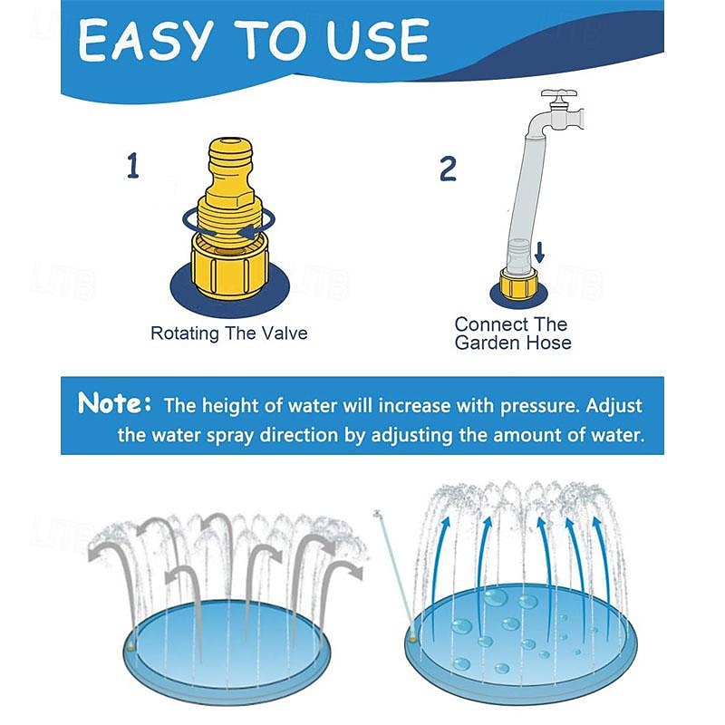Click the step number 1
click(x=132, y=166)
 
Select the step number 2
click(x=448, y=169)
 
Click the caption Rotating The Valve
click(x=229, y=333)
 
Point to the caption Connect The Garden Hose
click(x=512, y=333)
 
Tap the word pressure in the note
click(x=539, y=406)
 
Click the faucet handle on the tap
click(x=559, y=94)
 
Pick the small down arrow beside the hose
click(x=539, y=252)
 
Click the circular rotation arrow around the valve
click(x=229, y=225)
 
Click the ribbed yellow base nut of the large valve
click(x=230, y=268)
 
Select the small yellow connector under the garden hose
click(x=518, y=283)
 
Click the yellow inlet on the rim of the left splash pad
click(x=131, y=647)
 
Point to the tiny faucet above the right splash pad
click(x=378, y=513)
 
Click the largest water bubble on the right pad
click(x=496, y=597)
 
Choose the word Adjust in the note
click(x=614, y=407)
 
